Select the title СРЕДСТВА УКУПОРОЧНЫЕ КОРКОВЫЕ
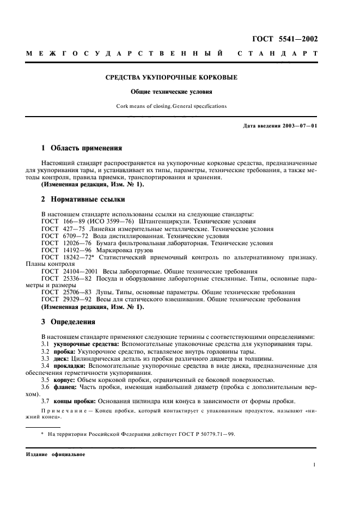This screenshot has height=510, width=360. point(172,77)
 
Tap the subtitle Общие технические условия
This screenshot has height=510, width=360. point(172,92)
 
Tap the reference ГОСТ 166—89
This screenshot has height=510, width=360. point(61,222)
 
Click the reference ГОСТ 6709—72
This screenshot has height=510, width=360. point(61,237)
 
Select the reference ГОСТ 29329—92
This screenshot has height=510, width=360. point(62,299)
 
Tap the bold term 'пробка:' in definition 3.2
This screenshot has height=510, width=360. point(66,351)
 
